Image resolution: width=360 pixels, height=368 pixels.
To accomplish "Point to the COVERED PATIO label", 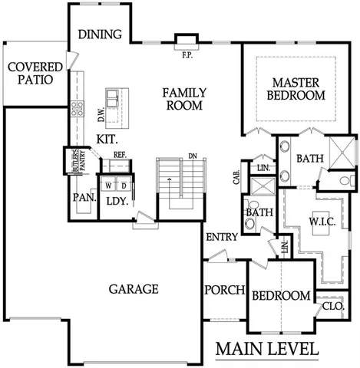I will (30, 73).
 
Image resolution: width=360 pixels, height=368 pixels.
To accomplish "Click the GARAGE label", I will (133, 289).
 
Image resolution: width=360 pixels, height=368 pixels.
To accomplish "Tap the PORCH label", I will (224, 291).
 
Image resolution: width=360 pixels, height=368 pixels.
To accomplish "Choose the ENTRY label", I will (221, 238).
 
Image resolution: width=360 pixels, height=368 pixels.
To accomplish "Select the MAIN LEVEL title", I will (266, 349).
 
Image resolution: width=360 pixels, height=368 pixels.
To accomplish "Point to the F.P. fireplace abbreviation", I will (186, 54).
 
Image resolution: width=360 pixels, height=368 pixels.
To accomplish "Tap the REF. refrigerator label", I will (119, 155).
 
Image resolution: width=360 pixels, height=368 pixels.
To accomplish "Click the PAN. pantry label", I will (84, 198).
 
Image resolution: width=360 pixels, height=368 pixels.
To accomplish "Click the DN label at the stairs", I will (193, 156).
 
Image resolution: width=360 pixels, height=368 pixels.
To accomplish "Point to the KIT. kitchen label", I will (107, 140).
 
